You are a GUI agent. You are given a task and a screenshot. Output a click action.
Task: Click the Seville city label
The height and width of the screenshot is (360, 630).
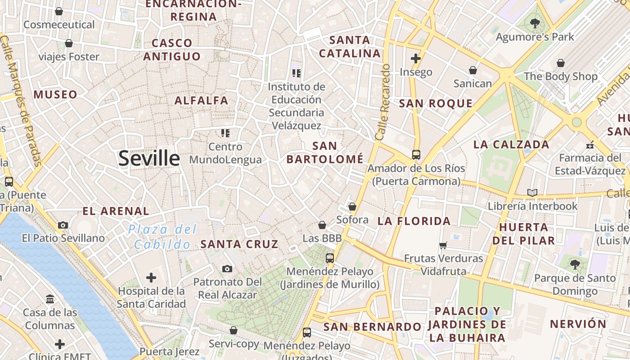click(149, 158)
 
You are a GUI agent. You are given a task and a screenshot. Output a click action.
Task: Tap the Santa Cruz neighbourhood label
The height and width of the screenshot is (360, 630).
click(239, 244)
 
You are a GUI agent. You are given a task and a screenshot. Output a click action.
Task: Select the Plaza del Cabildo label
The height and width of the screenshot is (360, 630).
click(162, 237)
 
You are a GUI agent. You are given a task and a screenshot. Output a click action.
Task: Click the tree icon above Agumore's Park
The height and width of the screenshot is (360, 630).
click(535, 23)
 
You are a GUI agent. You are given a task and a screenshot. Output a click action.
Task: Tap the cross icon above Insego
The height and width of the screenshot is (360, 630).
click(415, 58)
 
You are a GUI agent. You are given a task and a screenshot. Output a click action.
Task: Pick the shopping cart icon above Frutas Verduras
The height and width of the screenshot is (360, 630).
click(443, 245)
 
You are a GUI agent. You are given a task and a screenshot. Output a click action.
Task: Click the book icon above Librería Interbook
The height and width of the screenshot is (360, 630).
click(532, 193)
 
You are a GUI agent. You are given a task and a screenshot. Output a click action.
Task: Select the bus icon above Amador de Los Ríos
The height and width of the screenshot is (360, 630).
click(416, 155)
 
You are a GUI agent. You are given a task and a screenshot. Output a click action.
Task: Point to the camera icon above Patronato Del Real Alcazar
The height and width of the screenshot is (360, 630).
click(227, 269)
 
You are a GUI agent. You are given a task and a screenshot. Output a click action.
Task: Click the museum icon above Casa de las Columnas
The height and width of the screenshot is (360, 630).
click(50, 299)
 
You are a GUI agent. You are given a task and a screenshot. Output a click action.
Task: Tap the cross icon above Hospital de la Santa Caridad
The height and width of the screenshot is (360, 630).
click(151, 277)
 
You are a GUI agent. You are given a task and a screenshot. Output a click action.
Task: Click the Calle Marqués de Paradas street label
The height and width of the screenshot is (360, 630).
click(22, 101)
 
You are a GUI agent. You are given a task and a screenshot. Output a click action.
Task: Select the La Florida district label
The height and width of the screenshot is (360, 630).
click(414, 221)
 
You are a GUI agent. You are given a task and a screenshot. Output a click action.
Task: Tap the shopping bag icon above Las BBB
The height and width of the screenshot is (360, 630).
click(322, 225)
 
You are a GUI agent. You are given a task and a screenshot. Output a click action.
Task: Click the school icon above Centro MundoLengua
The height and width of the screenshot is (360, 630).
click(225, 133)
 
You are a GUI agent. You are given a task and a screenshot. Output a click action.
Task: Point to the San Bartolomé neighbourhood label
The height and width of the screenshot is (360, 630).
click(325, 153)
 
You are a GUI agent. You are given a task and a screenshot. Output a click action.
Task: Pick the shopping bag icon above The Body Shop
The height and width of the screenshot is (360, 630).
click(561, 63)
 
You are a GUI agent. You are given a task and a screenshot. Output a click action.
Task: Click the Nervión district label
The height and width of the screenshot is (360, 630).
click(578, 324)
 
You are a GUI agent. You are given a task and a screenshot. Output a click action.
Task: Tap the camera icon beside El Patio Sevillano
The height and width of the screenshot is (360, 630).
click(63, 225)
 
